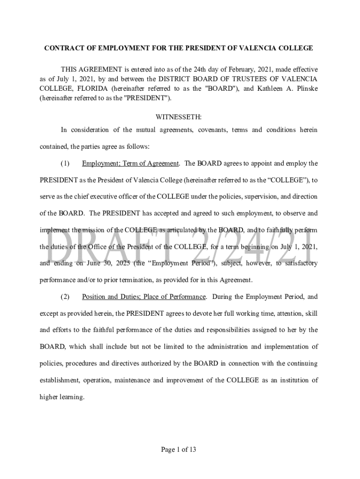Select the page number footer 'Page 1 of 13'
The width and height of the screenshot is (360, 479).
(179, 450)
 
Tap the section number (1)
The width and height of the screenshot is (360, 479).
(65, 163)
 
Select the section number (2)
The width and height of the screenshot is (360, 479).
(65, 297)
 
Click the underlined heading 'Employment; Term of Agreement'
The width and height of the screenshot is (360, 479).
(130, 163)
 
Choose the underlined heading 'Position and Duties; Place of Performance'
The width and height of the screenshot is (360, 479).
(144, 297)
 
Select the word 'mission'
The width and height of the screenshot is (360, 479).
(93, 230)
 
